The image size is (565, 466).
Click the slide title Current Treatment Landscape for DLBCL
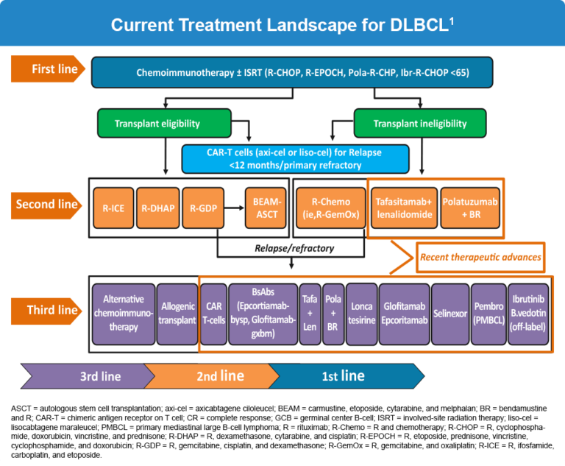(282, 24)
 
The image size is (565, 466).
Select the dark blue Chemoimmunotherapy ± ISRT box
(292, 72)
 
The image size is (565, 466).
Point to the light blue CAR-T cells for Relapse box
(295, 158)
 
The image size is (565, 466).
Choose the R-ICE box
(113, 208)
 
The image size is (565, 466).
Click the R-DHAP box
(158, 208)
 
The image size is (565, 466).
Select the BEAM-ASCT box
(266, 208)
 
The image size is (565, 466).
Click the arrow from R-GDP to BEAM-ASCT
(233, 208)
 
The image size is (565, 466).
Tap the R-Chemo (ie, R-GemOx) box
(330, 208)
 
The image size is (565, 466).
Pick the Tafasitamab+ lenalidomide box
(402, 208)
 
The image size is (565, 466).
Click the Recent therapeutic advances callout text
(480, 257)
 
